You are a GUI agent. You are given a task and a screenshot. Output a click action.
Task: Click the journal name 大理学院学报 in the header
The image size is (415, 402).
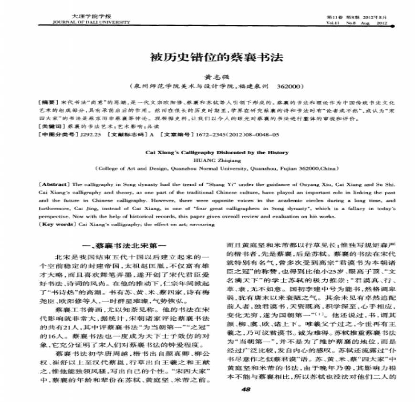pos(86,17)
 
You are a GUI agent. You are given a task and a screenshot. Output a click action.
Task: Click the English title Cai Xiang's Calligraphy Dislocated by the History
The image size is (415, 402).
pos(216,153)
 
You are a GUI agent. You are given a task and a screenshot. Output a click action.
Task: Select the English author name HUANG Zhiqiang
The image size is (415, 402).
pos(216,160)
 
